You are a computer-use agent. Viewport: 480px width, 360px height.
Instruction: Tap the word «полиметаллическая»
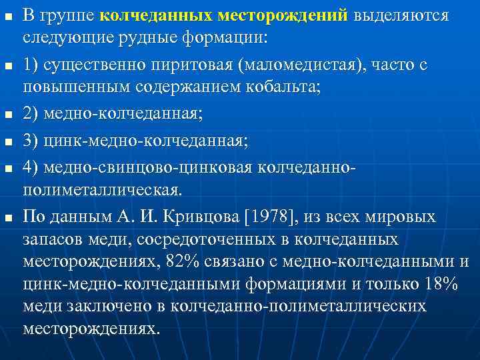coord(101,191)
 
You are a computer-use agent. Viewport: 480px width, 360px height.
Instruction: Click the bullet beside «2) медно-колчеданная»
coord(7,115)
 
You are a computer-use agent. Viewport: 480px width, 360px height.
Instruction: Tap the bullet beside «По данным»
coord(7,217)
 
